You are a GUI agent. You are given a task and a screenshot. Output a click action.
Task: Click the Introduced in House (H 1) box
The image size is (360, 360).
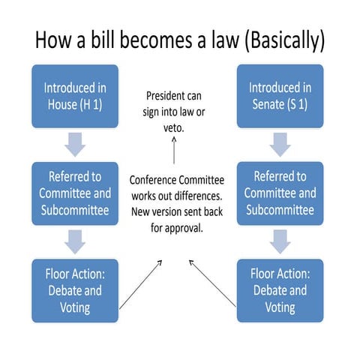[x=75, y=97]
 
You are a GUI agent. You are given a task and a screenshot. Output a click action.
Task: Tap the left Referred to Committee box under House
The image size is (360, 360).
[x=75, y=193]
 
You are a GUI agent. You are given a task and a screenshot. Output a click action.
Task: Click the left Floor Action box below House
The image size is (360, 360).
[x=75, y=290]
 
